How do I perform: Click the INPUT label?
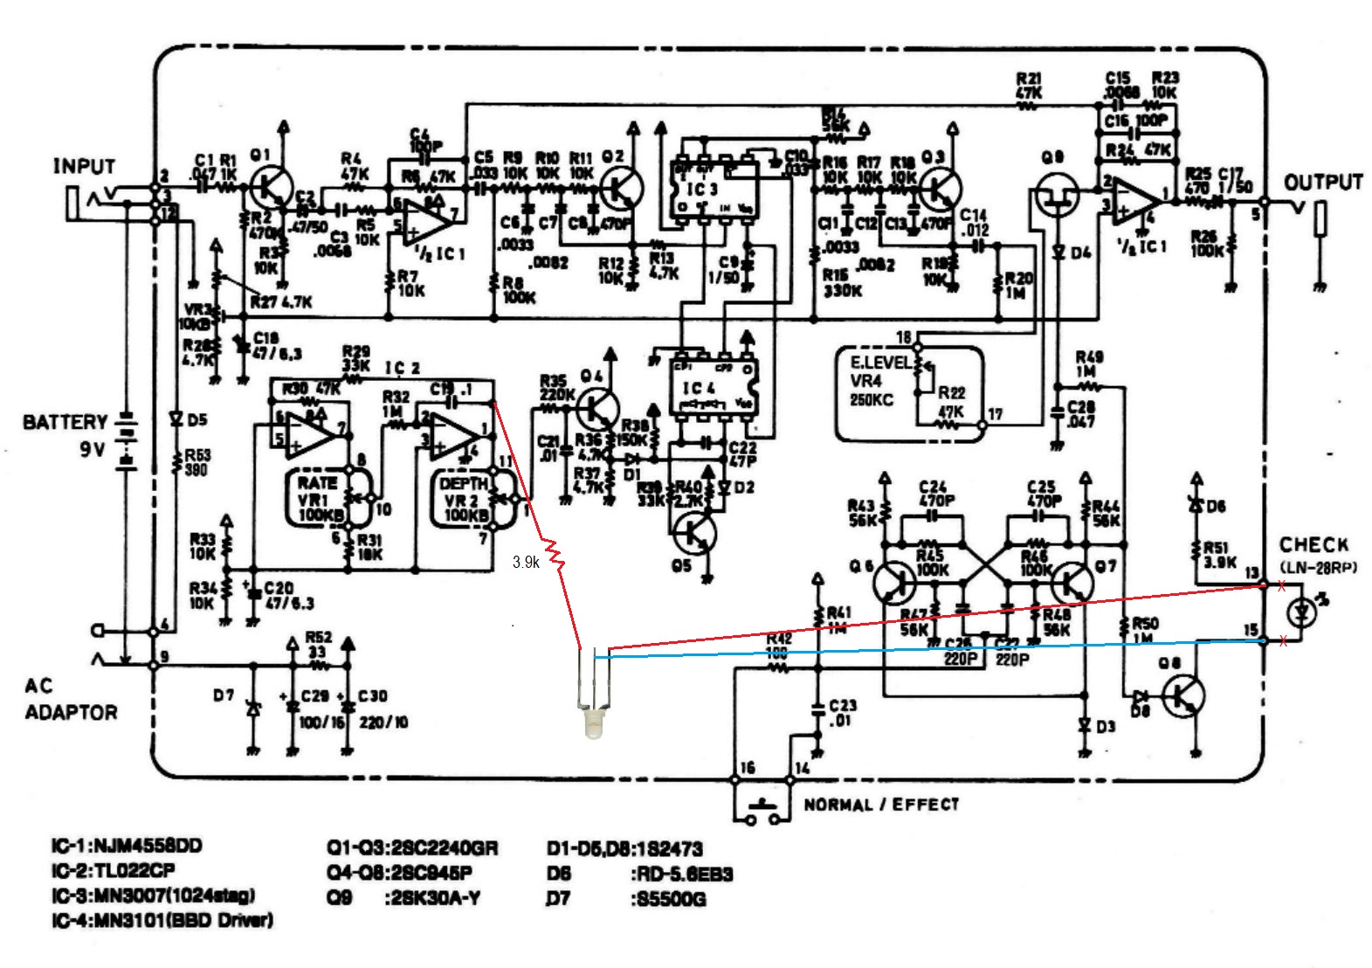coord(84,166)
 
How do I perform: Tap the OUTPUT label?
coord(1322,183)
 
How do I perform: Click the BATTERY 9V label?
coord(65,435)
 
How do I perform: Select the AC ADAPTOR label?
coord(70,699)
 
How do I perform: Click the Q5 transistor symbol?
coord(697,534)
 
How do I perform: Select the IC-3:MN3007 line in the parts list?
coord(154,895)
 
